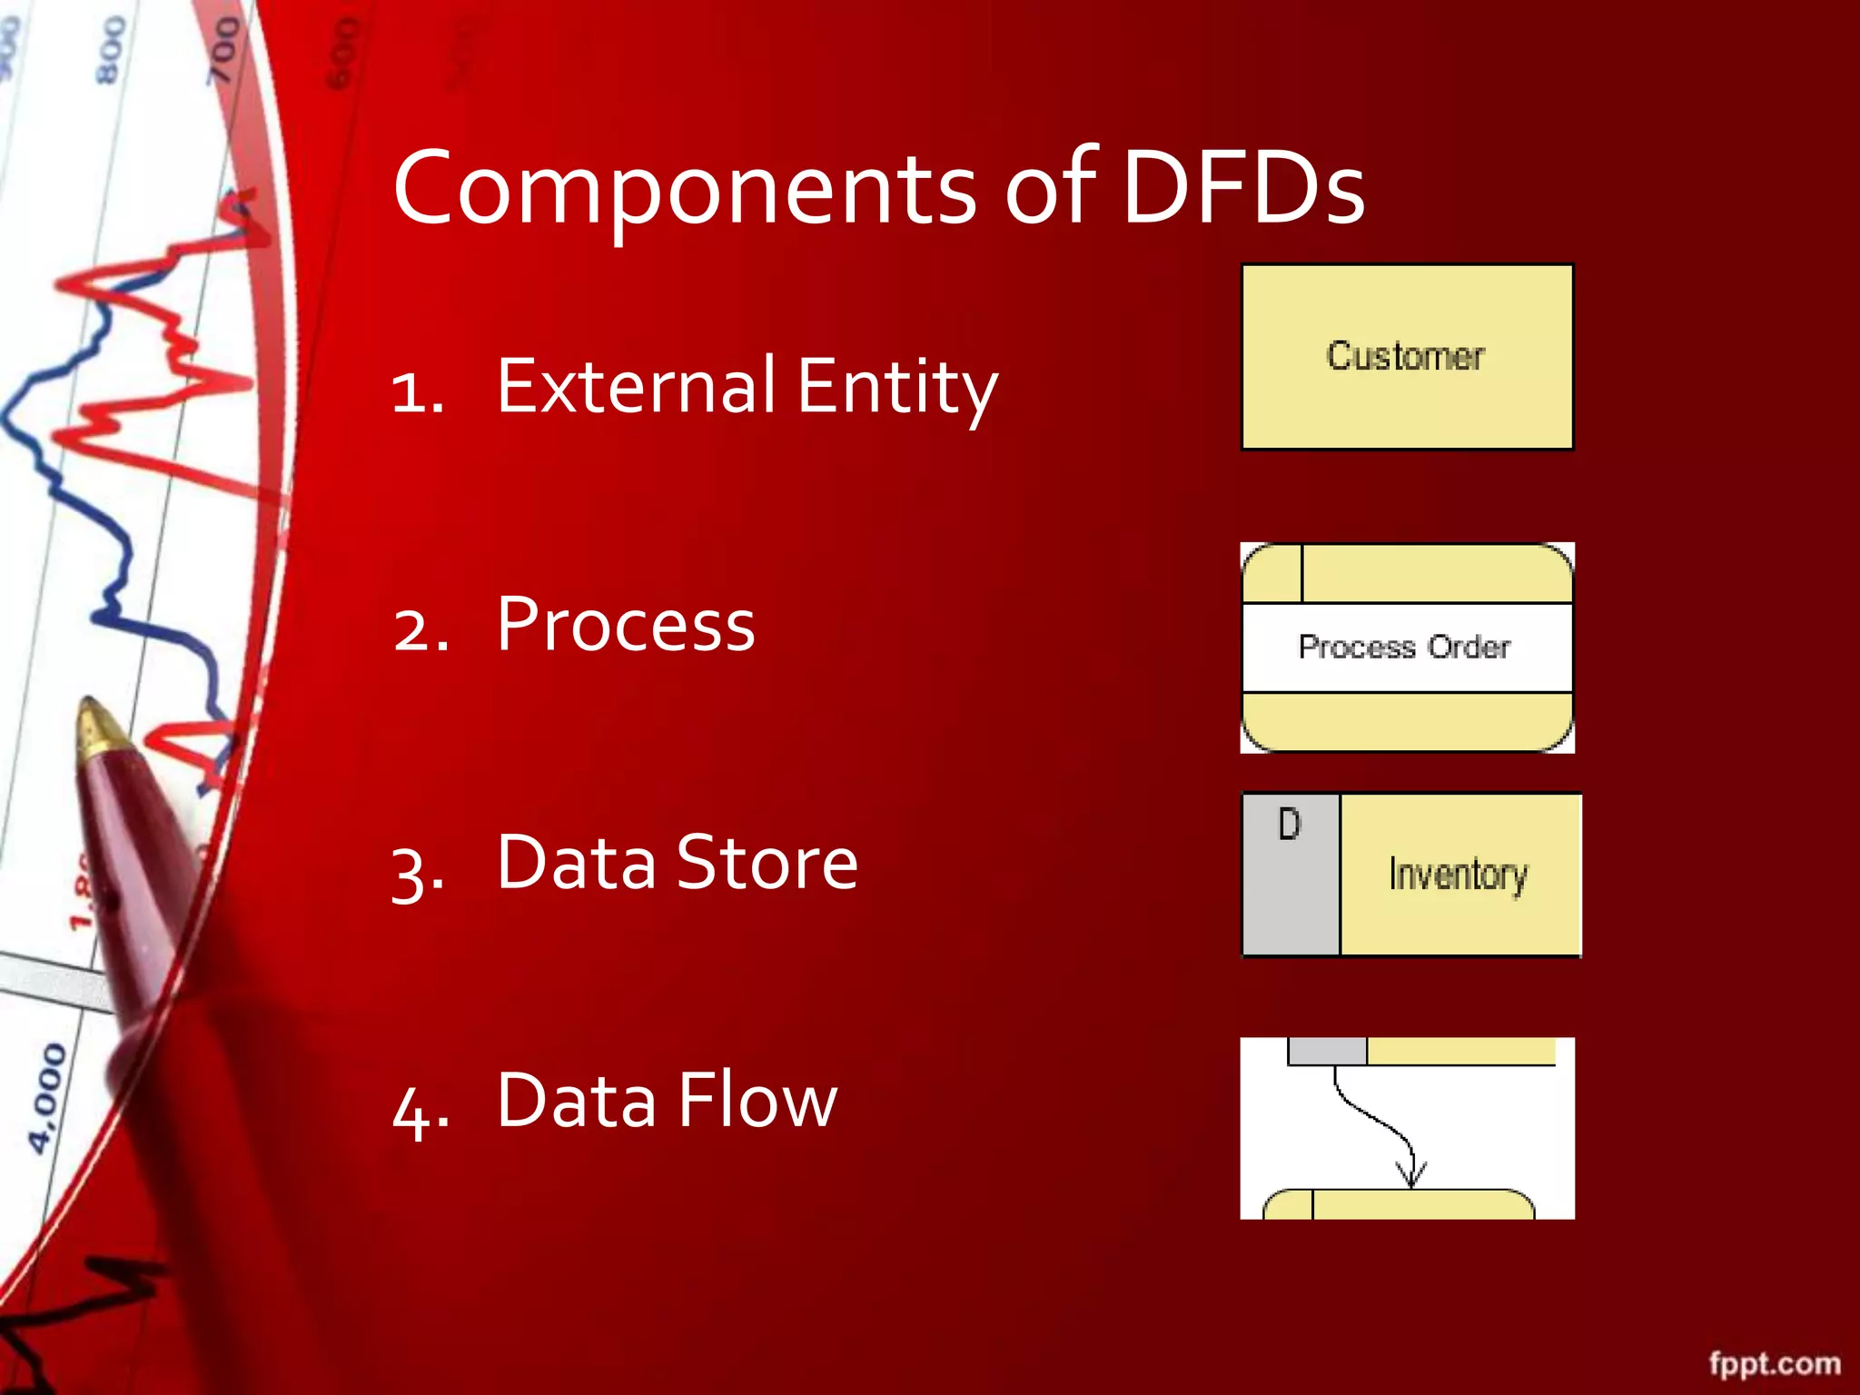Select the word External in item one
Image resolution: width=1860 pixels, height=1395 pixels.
(x=636, y=386)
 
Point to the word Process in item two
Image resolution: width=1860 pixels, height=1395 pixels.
(x=626, y=625)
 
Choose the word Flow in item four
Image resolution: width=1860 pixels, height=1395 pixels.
(x=757, y=1101)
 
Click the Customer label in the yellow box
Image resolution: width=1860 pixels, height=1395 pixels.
(x=1405, y=356)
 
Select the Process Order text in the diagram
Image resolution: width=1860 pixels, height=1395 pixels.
(x=1404, y=648)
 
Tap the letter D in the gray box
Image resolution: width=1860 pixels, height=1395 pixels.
(x=1289, y=825)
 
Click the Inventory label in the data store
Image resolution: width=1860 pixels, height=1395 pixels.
(x=1458, y=875)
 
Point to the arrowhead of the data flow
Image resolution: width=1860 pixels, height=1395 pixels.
(x=1410, y=1176)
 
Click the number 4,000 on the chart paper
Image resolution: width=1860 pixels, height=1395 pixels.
(x=47, y=1098)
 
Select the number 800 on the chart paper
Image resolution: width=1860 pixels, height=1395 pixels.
(x=111, y=50)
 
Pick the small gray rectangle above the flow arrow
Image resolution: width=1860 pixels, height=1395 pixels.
(x=1327, y=1052)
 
